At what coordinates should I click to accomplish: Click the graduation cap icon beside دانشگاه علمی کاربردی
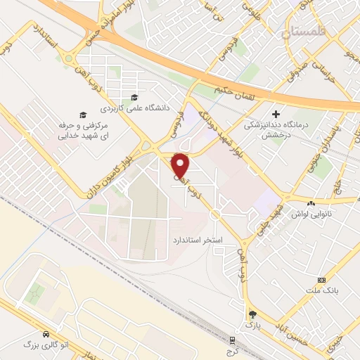pos(134,97)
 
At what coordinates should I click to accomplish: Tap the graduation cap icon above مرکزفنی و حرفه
pos(82,114)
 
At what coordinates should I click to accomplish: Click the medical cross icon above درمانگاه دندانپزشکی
pos(276,113)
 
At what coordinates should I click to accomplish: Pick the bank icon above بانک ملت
pos(322,279)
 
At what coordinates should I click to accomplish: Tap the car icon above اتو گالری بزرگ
pos(46,335)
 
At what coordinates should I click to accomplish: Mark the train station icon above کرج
pos(232,340)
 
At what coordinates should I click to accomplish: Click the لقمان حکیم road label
pos(231,91)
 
